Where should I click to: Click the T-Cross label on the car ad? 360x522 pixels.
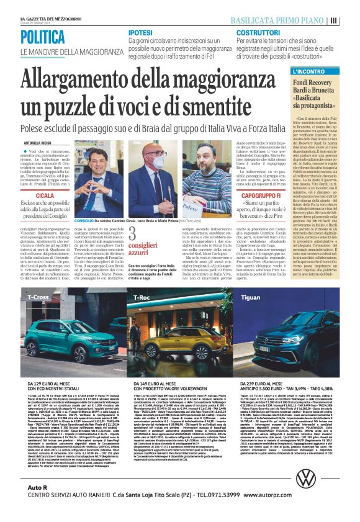click(x=38, y=297)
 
